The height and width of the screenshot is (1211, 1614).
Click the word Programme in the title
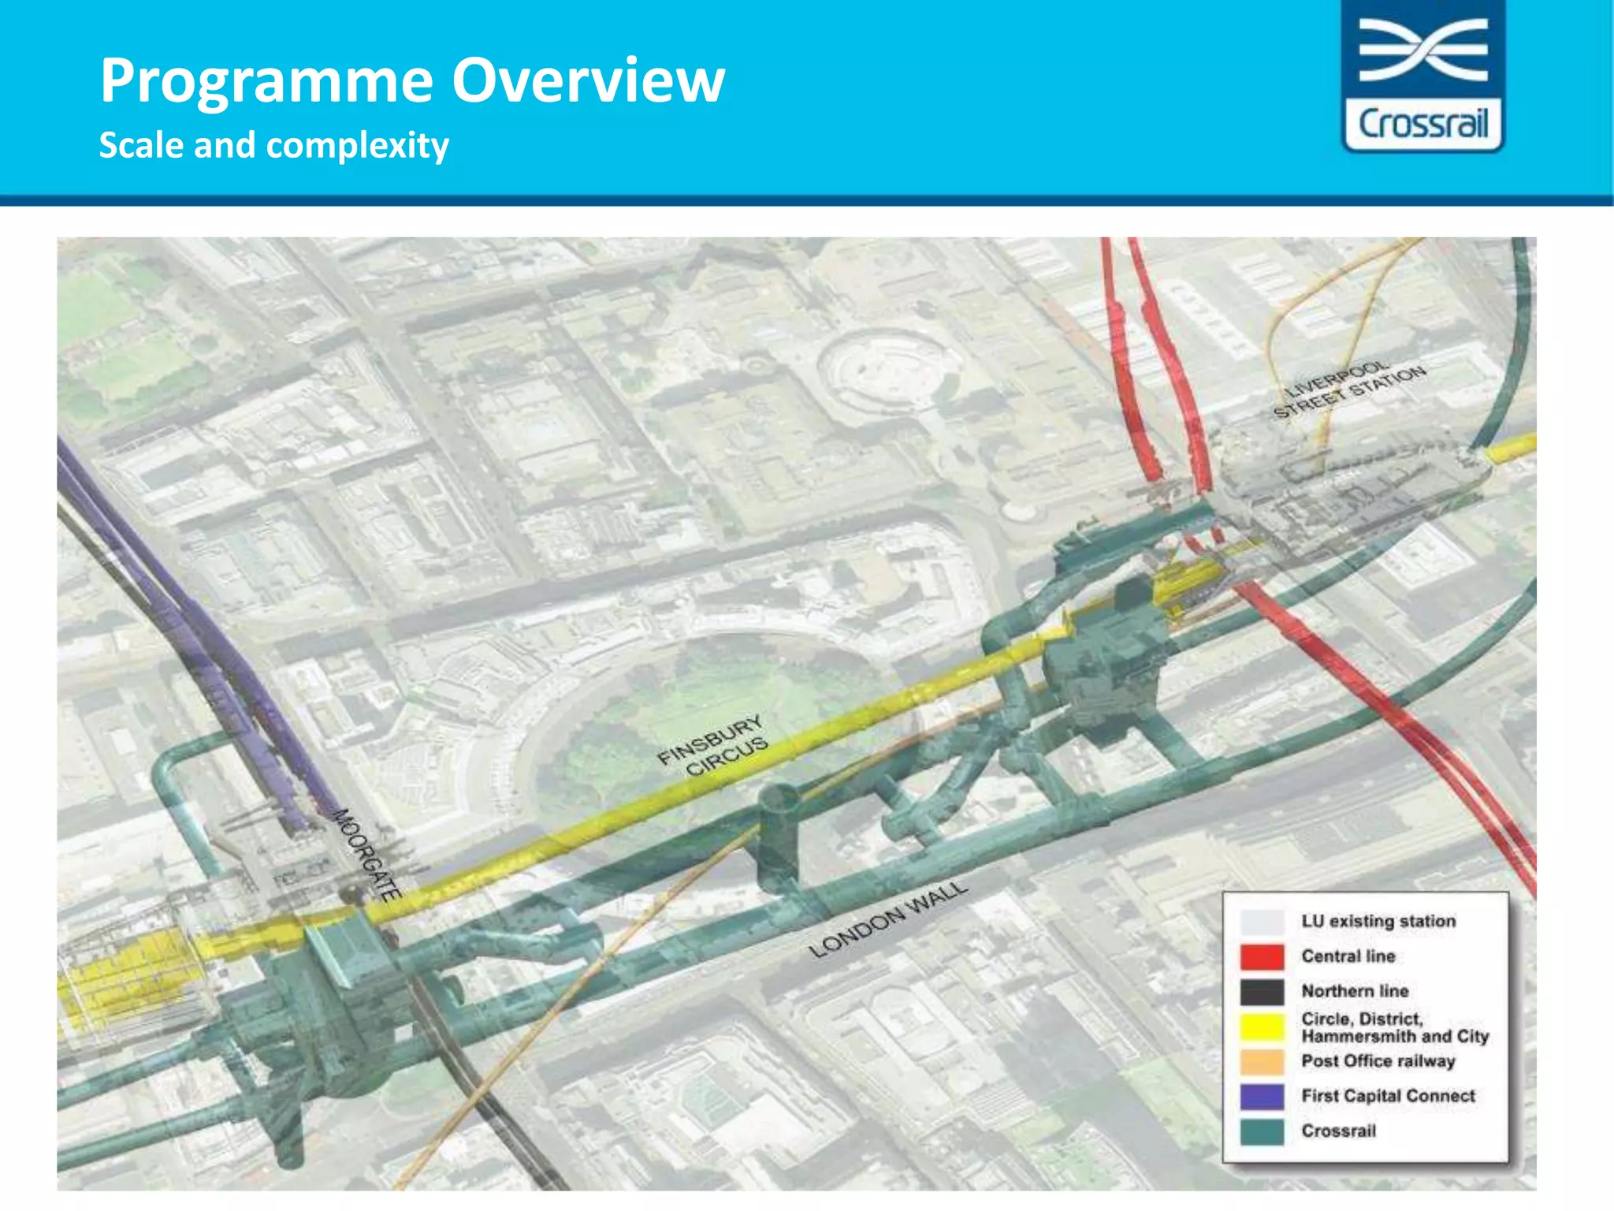click(266, 81)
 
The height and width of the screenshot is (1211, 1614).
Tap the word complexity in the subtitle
click(357, 146)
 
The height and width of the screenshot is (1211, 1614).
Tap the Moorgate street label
click(367, 855)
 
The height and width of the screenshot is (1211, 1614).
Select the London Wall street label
click(887, 919)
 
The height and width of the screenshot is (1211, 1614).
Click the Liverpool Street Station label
click(1349, 389)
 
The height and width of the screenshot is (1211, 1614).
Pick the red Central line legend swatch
click(1262, 956)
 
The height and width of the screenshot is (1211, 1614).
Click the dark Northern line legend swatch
click(1262, 991)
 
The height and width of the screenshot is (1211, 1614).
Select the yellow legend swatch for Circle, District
click(1262, 1027)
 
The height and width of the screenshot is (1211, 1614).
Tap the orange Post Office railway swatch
click(1262, 1061)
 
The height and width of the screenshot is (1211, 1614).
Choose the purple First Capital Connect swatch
click(1262, 1096)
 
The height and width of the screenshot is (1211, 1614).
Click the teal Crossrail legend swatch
click(1262, 1131)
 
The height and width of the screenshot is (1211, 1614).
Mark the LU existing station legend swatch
click(1262, 922)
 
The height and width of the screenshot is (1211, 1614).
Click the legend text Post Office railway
click(1378, 1061)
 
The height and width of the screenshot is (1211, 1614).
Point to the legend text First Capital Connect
click(1388, 1096)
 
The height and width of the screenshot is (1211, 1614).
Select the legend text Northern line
click(1355, 991)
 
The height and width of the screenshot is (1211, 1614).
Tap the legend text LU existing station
click(1378, 922)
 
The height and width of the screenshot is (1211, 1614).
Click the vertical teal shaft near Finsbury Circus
click(778, 840)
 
